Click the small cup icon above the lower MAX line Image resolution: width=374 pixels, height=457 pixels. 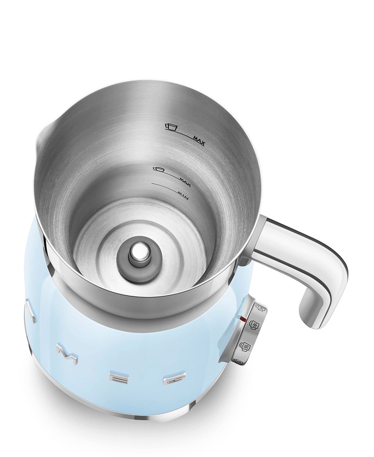click(158, 169)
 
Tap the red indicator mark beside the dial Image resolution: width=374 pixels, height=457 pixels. click(243, 319)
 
